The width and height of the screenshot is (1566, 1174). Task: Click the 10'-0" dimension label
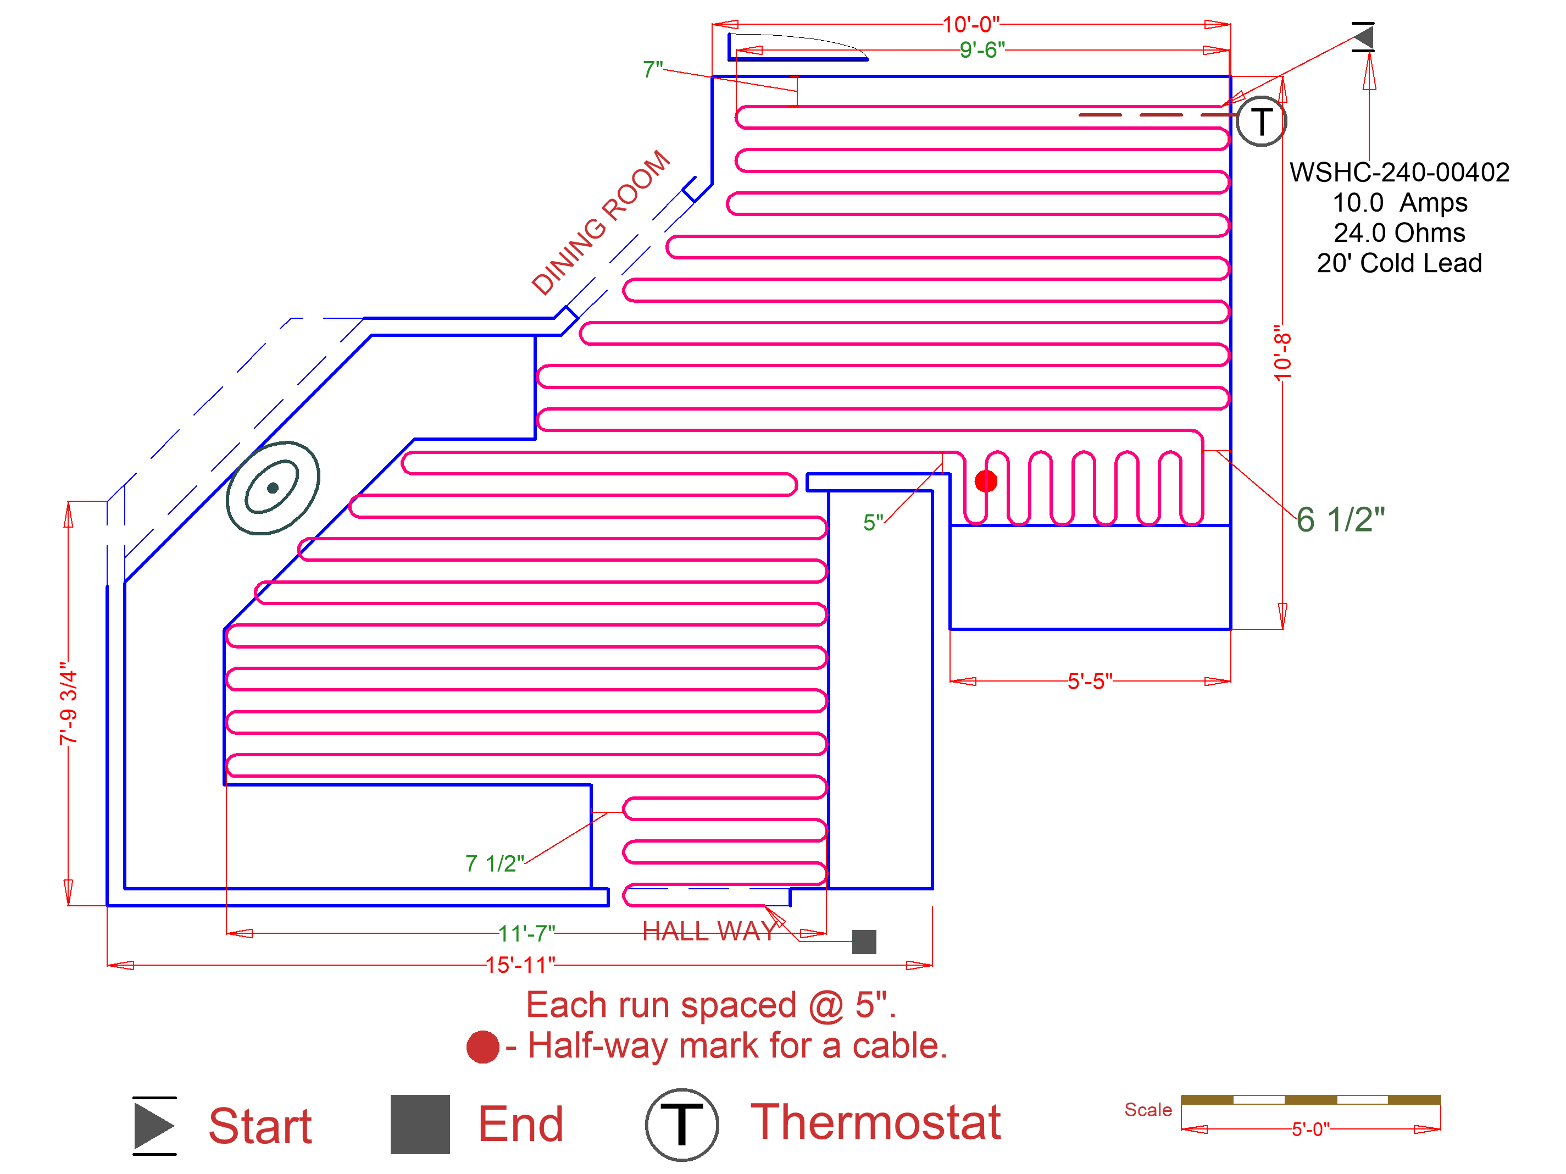click(x=970, y=25)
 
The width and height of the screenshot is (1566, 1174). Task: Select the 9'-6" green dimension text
click(x=982, y=50)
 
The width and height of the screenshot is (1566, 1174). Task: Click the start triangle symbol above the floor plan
click(x=1364, y=37)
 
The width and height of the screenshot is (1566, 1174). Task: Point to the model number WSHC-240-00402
click(x=1399, y=173)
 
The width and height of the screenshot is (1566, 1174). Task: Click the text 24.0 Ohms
click(x=1399, y=233)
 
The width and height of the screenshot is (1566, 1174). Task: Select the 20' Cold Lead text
click(x=1399, y=263)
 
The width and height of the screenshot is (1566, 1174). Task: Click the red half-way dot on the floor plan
click(x=985, y=481)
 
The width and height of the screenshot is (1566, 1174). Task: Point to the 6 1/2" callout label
click(x=1340, y=520)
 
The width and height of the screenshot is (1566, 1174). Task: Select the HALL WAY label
click(x=709, y=931)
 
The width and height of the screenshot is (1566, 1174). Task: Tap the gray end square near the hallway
click(x=864, y=942)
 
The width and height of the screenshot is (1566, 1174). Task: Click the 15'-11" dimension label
click(x=520, y=965)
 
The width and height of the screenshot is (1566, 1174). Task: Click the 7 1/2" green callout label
click(x=494, y=863)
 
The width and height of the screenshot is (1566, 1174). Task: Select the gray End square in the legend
click(x=420, y=1124)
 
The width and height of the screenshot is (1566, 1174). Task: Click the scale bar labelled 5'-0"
click(x=1310, y=1100)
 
